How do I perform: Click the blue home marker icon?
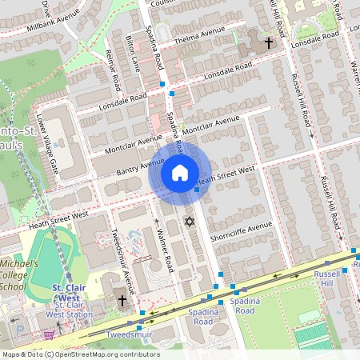coord(179,173)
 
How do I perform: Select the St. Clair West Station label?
coord(68,305)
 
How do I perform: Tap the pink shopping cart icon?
coord(48,335)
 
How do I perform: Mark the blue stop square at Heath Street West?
coord(197,190)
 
